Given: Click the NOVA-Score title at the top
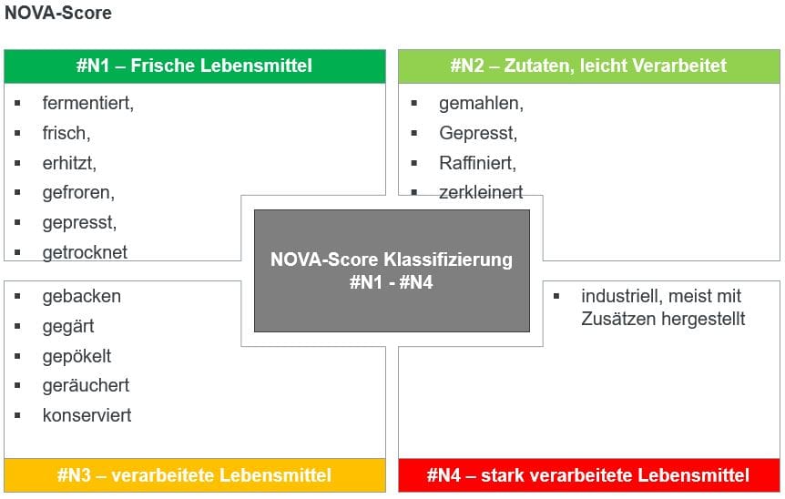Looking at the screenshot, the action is coord(58,13).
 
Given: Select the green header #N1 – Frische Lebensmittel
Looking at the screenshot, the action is coord(195,66).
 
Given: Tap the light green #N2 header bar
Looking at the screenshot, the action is coord(588,66).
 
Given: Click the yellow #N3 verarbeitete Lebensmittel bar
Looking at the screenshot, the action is coord(195,475).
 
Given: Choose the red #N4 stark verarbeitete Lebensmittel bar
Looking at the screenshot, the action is coord(588,475).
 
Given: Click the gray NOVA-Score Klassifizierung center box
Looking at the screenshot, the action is coord(392,270).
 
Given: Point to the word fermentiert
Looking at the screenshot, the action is coord(88,103).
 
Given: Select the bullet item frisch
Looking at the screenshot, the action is coord(66,133).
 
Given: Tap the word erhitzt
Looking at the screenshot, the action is coord(69,163).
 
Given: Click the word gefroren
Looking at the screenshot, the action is coord(78,193).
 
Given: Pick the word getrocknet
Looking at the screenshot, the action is coord(85,252).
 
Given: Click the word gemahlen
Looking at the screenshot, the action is coord(481,104).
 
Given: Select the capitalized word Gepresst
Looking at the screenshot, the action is coord(478,133).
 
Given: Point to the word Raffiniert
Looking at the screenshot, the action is coord(477,163).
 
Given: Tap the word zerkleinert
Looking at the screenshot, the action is coord(481,192).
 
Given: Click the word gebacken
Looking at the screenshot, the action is coord(82,296).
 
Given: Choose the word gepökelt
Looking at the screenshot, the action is coord(77,356).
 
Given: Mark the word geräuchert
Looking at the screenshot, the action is coord(87,386).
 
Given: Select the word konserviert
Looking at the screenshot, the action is coord(87,415).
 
